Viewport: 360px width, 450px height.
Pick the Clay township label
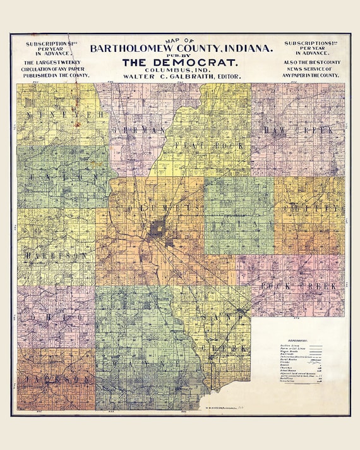238,222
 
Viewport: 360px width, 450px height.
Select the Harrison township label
56,255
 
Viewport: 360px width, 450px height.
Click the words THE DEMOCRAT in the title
180,62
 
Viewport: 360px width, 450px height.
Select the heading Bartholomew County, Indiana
181,48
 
